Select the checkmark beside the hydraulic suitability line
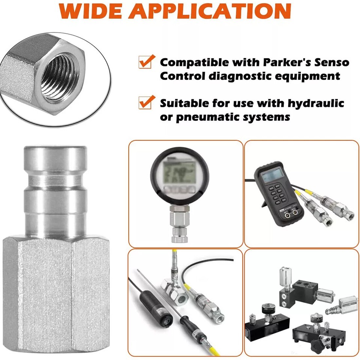147,102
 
